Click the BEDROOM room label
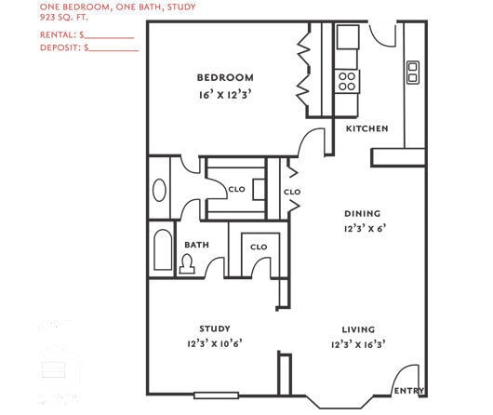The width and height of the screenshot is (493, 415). point(225,77)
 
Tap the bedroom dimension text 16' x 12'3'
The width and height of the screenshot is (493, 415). point(225,94)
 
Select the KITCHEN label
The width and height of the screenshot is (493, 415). point(366,128)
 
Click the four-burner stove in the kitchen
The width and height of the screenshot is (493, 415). point(348,80)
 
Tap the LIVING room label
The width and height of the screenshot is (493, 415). point(358,328)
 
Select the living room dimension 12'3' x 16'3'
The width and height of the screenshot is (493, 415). point(358,344)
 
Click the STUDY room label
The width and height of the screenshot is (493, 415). point(215,328)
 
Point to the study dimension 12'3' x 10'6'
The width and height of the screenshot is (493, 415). point(215,344)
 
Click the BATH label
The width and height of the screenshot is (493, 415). point(196,246)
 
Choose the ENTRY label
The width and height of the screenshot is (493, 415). point(408,391)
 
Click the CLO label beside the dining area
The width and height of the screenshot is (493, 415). point(292,192)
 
